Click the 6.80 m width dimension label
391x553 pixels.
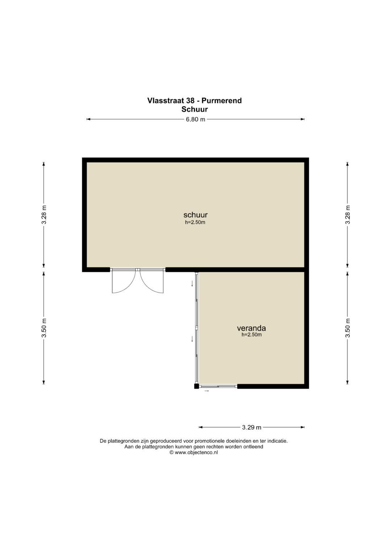195,120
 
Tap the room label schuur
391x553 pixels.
195,214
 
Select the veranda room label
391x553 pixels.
251,328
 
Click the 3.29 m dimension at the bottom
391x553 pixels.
252,427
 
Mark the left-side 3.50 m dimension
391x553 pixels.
44,328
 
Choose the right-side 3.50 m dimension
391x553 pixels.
348,328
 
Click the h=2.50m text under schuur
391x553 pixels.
195,222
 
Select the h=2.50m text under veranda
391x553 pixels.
252,335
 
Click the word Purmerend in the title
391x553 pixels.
222,101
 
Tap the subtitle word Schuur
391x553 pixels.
194,109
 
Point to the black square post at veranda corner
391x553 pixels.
197,386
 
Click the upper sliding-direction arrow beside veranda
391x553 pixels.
192,284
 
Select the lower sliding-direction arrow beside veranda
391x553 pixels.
192,339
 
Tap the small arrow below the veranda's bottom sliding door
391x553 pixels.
207,391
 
